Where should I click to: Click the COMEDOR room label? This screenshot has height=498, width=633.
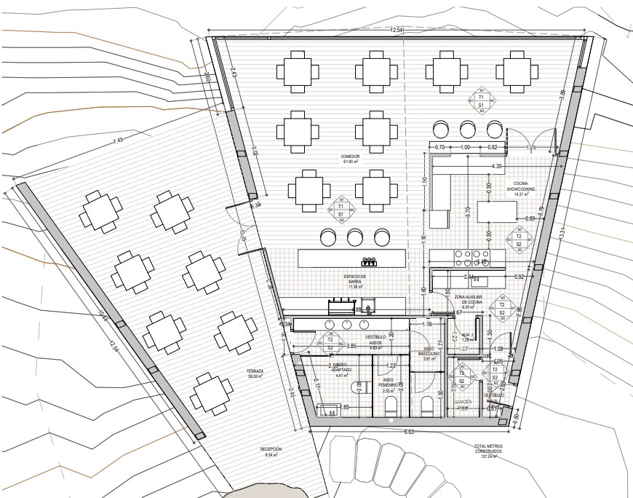pos(350,159)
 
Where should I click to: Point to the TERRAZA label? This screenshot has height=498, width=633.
pos(255,373)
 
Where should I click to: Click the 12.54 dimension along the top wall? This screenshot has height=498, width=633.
pos(397,30)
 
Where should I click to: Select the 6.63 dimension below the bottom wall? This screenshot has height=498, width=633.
pos(410,432)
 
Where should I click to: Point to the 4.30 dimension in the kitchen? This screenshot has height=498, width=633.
pos(497,167)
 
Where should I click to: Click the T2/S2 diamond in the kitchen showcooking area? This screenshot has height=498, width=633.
pos(519,240)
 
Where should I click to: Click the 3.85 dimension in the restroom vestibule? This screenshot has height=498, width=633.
pos(351,346)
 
